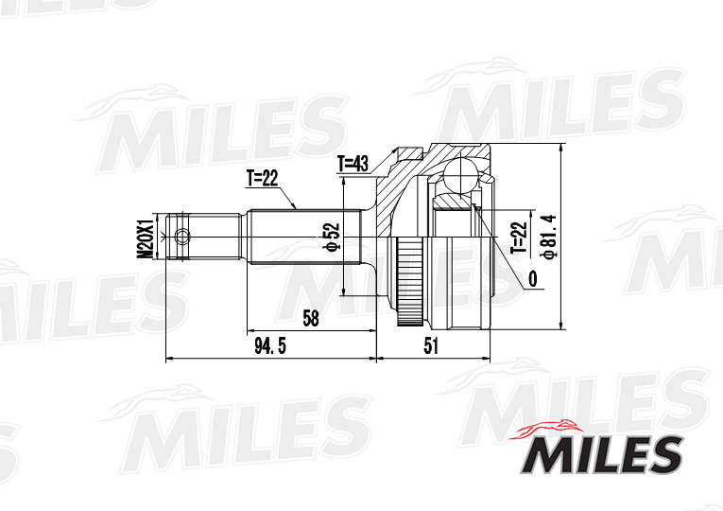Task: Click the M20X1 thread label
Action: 144,238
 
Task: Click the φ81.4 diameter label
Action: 545,237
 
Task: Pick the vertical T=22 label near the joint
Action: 517,238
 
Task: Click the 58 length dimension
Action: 310,318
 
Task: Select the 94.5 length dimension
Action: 269,346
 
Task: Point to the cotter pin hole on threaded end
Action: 182,237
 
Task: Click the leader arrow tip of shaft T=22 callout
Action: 296,207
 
